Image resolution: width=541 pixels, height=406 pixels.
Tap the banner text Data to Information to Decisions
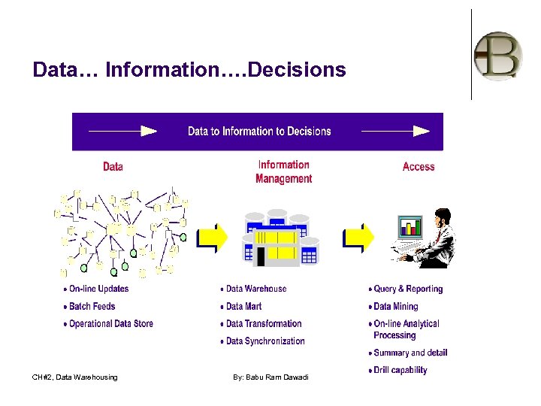(259, 131)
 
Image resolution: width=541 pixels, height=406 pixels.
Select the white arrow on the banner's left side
(122, 131)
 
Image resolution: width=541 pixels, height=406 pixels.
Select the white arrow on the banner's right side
(395, 131)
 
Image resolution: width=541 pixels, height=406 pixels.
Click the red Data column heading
(113, 166)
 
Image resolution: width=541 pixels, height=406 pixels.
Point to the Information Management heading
(283, 171)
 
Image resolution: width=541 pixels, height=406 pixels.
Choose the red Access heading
(419, 166)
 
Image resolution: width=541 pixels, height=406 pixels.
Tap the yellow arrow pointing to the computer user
(358, 238)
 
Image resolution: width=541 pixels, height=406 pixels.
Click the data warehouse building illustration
(277, 239)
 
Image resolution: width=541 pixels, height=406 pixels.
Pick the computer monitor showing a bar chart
(410, 226)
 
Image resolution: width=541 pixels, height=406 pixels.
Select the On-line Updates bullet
(98, 289)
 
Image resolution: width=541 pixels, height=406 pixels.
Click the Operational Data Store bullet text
(110, 324)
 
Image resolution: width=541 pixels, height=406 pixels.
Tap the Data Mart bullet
(243, 306)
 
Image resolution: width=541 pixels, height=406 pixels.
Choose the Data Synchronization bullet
(264, 341)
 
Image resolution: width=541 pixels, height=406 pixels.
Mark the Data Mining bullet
(395, 306)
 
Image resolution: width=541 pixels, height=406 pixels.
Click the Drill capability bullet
(400, 370)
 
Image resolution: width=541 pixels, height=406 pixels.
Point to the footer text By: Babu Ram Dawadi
(270, 377)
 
